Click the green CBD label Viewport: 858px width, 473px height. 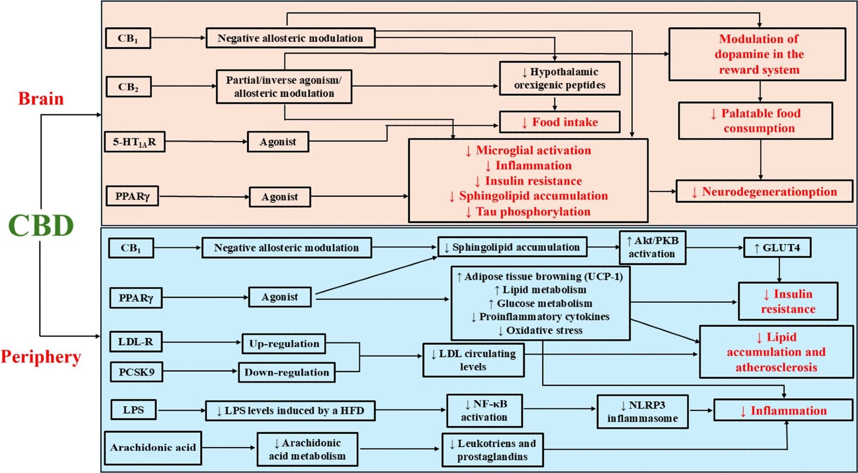pyautogui.click(x=41, y=225)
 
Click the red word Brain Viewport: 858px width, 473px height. pyautogui.click(x=41, y=99)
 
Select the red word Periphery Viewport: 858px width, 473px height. pyautogui.click(x=41, y=357)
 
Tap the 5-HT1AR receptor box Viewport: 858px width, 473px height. pyautogui.click(x=135, y=142)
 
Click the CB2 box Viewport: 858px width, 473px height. pyautogui.click(x=128, y=87)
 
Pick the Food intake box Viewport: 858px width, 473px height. pyautogui.click(x=559, y=122)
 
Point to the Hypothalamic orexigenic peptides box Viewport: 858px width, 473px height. pyautogui.click(x=559, y=78)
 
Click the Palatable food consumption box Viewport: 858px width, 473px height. pyautogui.click(x=755, y=121)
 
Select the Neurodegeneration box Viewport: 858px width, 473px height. pyautogui.click(x=764, y=191)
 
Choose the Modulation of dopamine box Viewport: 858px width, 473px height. pyautogui.click(x=757, y=54)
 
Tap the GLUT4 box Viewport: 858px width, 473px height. pyautogui.click(x=777, y=248)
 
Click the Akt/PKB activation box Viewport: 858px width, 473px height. pyautogui.click(x=652, y=247)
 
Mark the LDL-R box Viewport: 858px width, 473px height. pyautogui.click(x=136, y=342)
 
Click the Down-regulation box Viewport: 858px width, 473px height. pyautogui.click(x=287, y=372)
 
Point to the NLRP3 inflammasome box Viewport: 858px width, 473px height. pyautogui.click(x=642, y=412)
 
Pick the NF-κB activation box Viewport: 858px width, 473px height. pyautogui.click(x=484, y=411)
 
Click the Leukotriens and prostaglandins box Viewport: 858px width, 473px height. pyautogui.click(x=492, y=450)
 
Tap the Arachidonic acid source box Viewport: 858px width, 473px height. pyautogui.click(x=153, y=448)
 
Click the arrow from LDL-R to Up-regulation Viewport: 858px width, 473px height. pyautogui.click(x=202, y=342)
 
